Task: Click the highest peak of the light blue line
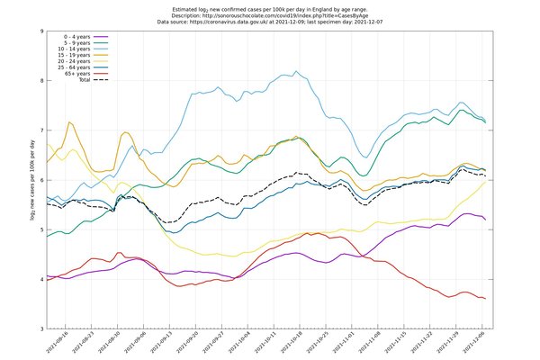[x=296, y=72]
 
